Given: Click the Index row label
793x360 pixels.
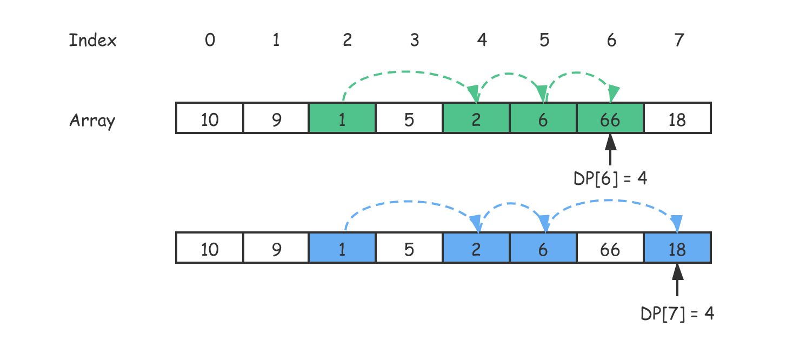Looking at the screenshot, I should coord(93,41).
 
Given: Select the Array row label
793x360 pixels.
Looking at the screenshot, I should coord(92,120).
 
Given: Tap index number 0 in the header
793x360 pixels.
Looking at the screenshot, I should coord(210,40).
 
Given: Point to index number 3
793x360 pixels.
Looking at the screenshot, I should coord(414,40).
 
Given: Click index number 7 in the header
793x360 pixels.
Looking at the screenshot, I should coord(679,40).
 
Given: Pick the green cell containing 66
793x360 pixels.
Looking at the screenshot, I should coord(610,118).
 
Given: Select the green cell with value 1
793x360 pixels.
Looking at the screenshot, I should coord(342,118).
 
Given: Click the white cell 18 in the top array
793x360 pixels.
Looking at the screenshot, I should coord(677,118).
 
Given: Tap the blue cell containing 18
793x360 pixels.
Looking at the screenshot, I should coord(677,248).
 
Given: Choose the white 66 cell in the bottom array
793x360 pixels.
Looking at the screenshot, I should coord(610,248).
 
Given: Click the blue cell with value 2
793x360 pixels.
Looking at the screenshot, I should coord(476,248).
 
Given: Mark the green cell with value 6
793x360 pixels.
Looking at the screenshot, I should coord(543,118).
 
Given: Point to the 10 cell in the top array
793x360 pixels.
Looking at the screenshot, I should coord(210,118).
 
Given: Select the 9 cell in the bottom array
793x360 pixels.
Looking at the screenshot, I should coord(276,248).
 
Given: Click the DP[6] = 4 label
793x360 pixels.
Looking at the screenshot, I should coord(610,178).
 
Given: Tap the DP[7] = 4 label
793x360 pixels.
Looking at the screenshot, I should coord(677,314).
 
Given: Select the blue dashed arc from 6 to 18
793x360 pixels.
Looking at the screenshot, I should coord(611,201).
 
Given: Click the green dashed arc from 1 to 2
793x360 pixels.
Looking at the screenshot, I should coord(405,72).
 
